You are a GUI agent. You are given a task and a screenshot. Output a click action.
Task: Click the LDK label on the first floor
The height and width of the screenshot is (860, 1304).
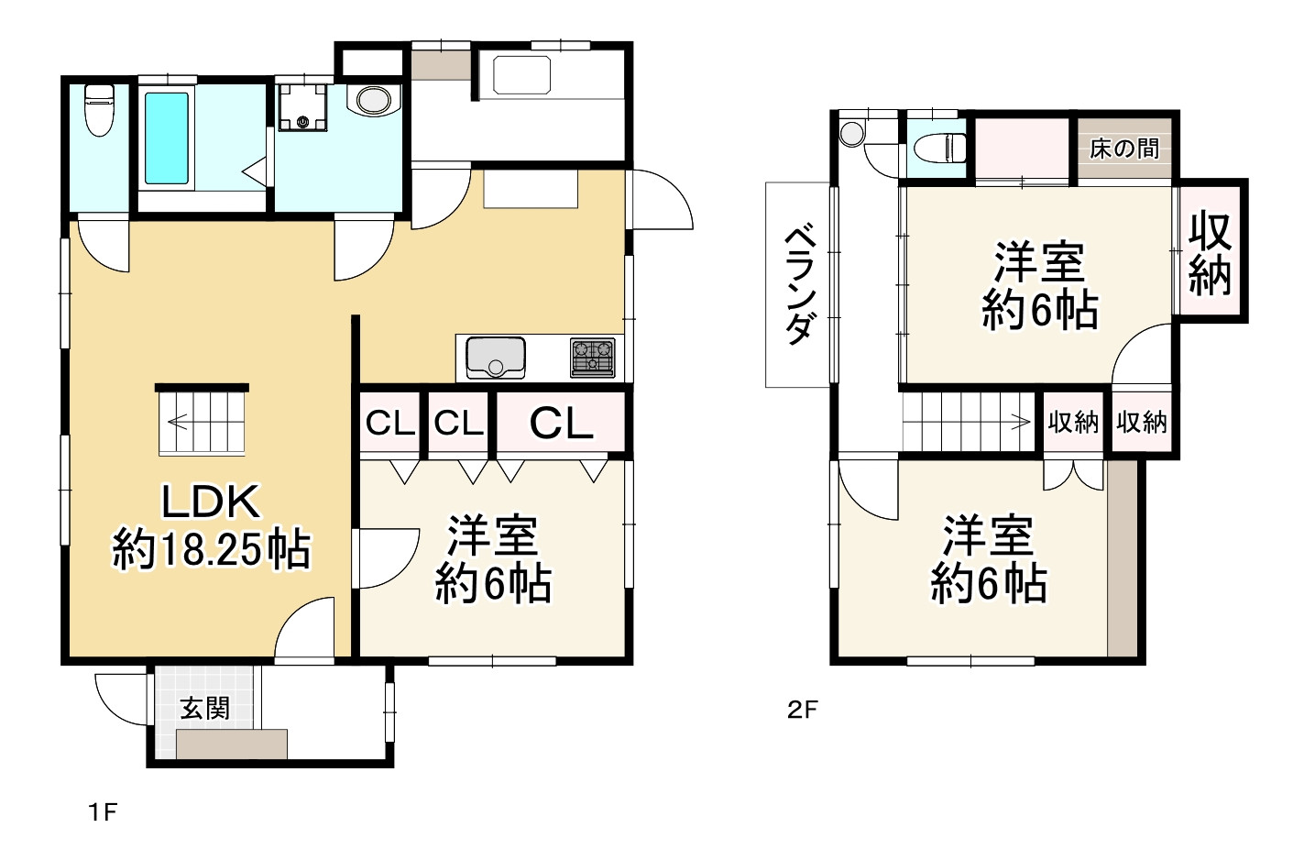click(211, 502)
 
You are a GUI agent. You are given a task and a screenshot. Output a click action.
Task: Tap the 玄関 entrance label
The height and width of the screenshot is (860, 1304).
click(205, 709)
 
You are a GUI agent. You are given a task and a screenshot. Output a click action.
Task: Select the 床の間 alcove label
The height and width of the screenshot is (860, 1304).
click(1124, 149)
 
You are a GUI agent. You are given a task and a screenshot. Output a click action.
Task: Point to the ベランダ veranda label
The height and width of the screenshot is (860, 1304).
click(799, 285)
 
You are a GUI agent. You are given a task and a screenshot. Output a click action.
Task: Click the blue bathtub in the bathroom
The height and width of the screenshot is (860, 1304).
click(167, 138)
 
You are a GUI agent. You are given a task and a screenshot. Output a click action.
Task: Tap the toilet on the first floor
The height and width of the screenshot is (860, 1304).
click(99, 109)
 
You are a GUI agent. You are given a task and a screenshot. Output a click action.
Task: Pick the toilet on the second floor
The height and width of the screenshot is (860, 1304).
click(939, 148)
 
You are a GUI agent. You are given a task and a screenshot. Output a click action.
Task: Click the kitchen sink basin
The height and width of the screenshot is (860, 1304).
click(496, 357)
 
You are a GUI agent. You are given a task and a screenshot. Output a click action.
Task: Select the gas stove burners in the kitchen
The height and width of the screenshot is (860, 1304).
click(593, 357)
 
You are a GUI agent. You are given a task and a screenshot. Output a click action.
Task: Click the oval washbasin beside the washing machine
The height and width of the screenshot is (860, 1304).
click(373, 100)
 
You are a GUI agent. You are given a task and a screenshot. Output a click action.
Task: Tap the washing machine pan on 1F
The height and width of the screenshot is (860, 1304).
click(302, 107)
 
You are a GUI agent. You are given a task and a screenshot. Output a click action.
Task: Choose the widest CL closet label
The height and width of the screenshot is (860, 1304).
click(561, 424)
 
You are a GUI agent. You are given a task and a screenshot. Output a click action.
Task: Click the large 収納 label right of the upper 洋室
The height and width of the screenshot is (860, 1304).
click(1210, 254)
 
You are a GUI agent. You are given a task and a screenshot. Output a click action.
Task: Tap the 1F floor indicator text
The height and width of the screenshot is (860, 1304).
click(103, 811)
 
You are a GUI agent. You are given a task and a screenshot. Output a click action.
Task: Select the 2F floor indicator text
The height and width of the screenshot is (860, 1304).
click(802, 710)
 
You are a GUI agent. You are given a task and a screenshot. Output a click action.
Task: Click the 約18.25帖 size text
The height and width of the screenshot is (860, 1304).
click(211, 550)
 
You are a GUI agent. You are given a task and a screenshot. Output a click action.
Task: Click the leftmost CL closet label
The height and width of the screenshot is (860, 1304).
click(389, 424)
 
